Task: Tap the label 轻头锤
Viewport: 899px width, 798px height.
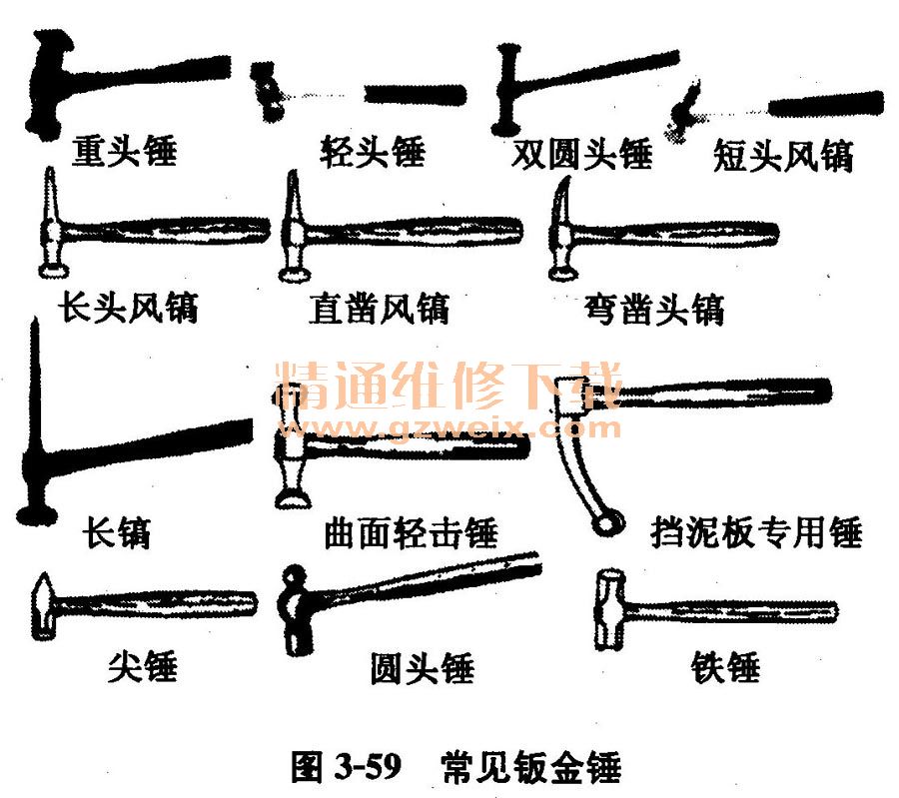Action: click(372, 152)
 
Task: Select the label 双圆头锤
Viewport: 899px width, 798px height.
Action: click(580, 155)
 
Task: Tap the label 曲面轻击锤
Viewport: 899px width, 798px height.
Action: click(411, 532)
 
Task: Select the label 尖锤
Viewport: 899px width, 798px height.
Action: click(143, 665)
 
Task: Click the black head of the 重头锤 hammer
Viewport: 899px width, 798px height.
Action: click(50, 85)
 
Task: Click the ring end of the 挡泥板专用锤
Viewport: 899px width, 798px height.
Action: click(601, 522)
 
